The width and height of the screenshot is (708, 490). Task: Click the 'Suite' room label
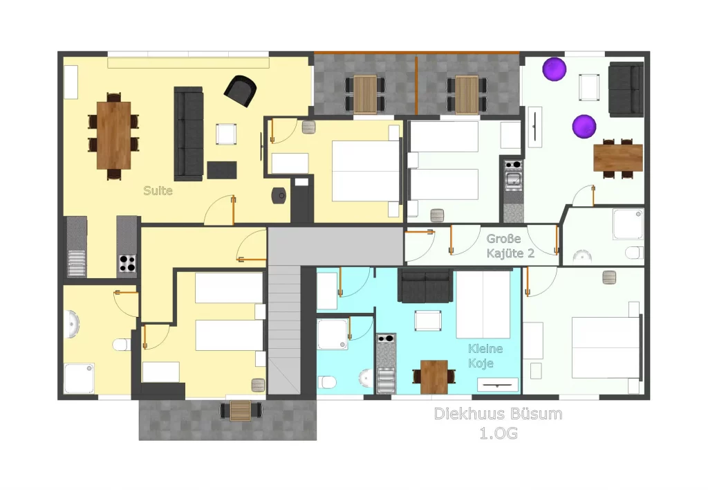[x=158, y=191]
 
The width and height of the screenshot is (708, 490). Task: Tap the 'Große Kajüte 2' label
[x=510, y=246]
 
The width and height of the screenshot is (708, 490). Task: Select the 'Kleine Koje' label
[x=485, y=356]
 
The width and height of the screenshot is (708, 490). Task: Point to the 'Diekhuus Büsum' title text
[x=498, y=414]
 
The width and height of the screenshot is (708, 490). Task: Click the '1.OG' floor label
[x=499, y=433]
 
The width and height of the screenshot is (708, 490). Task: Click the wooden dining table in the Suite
[x=114, y=135]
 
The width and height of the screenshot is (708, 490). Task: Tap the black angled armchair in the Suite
[x=240, y=91]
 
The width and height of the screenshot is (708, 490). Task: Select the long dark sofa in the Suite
[x=189, y=134]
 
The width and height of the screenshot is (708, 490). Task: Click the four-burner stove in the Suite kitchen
[x=127, y=264]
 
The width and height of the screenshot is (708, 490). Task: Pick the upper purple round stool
[x=554, y=69]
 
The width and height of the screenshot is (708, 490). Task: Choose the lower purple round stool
[x=584, y=126]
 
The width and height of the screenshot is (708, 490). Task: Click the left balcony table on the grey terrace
[x=365, y=95]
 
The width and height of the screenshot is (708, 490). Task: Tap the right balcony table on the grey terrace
[x=467, y=95]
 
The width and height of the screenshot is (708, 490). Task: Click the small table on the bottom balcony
[x=240, y=410]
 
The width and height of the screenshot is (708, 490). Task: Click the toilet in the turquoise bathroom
[x=326, y=382]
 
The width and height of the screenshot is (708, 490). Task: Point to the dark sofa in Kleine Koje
[x=425, y=286]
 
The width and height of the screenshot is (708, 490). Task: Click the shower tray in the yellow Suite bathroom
[x=79, y=379]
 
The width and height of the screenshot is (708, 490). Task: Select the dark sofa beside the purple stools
[x=626, y=89]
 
